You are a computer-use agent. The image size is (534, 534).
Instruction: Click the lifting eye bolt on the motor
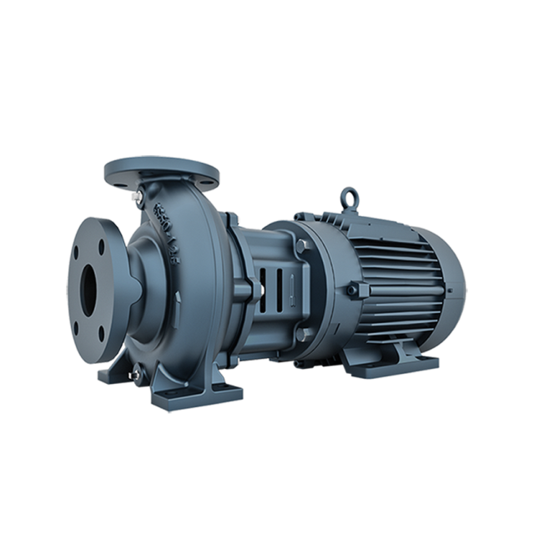pyautogui.click(x=346, y=198)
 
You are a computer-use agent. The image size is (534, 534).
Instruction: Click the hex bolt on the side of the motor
pyautogui.click(x=354, y=290)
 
